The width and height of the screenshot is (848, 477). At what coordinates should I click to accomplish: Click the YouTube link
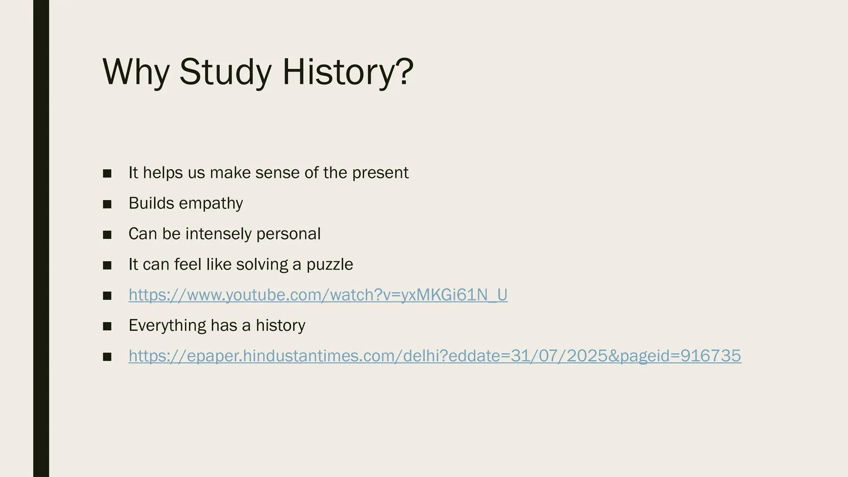pyautogui.click(x=318, y=295)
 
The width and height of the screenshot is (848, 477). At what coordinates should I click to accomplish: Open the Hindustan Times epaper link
pyautogui.click(x=435, y=356)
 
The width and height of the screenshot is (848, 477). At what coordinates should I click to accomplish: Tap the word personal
pyautogui.click(x=288, y=234)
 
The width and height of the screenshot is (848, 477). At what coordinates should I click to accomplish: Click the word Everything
pyautogui.click(x=167, y=325)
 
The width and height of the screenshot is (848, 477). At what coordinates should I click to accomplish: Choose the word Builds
pyautogui.click(x=151, y=203)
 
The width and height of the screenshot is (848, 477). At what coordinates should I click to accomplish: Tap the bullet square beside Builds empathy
pyautogui.click(x=107, y=204)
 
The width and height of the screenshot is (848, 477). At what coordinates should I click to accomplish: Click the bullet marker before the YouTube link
pyautogui.click(x=107, y=296)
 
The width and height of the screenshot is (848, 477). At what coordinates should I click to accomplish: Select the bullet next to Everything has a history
pyautogui.click(x=107, y=326)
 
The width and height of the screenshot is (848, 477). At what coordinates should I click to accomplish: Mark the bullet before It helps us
pyautogui.click(x=107, y=173)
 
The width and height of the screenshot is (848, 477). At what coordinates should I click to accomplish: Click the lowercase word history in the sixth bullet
pyautogui.click(x=280, y=325)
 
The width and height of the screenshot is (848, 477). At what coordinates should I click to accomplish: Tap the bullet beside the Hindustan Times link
pyautogui.click(x=107, y=357)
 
